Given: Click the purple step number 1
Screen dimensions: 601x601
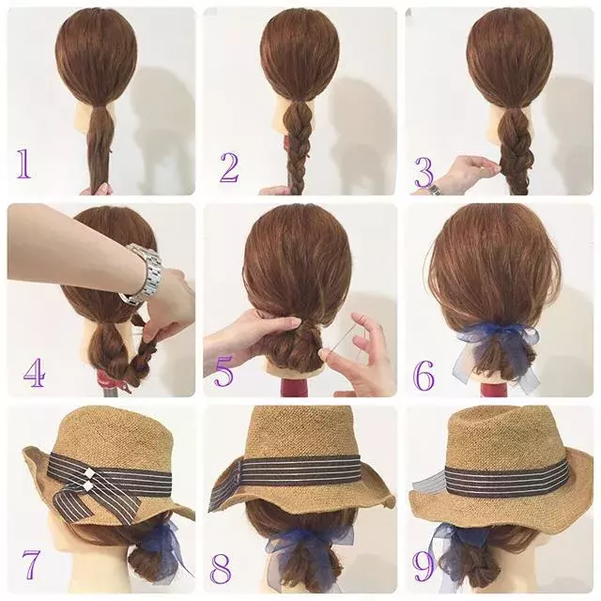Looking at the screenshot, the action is coord(23,163).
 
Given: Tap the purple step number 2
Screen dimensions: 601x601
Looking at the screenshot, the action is coord(229,167).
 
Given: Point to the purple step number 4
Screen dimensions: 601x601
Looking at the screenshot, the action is coord(35,373).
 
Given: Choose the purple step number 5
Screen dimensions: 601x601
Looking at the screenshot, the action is coord(223,371).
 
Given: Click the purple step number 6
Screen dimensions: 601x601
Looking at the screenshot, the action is coord(424,376).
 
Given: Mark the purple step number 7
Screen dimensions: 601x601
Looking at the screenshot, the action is coord(31,564).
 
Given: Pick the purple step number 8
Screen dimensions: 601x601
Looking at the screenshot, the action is coord(221,568).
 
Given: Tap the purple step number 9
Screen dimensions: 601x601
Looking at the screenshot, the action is coord(424,565).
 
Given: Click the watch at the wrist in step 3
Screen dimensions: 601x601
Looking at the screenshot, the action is coord(434,190).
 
